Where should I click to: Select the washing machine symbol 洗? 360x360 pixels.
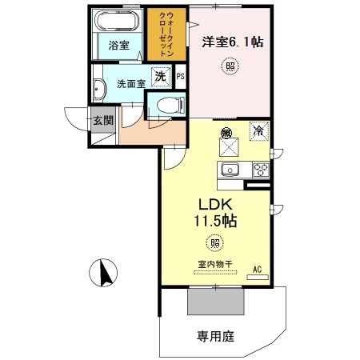coord(161,77)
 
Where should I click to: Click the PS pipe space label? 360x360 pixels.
coord(180,78)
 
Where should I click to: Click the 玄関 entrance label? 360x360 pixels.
coord(102,121)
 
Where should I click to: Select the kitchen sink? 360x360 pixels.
coord(230,169)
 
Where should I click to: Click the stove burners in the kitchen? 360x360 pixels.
coord(261,169)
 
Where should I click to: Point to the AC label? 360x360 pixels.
coord(258,269)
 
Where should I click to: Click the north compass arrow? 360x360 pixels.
coord(104,274)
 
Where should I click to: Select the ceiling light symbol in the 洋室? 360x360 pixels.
coord(230,67)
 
